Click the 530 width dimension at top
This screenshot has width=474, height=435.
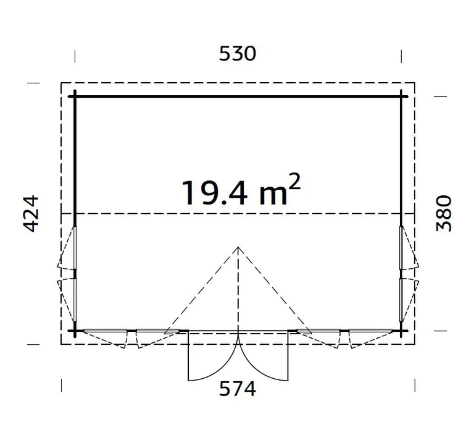click(237, 54)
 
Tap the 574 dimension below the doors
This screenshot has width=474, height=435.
click(237, 389)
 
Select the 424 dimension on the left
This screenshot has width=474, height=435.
click(31, 214)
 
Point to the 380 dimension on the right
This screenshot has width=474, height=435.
click(444, 213)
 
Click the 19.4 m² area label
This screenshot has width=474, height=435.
click(241, 190)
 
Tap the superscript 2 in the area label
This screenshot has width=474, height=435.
click(294, 181)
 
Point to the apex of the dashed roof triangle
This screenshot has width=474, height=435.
click(238, 247)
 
